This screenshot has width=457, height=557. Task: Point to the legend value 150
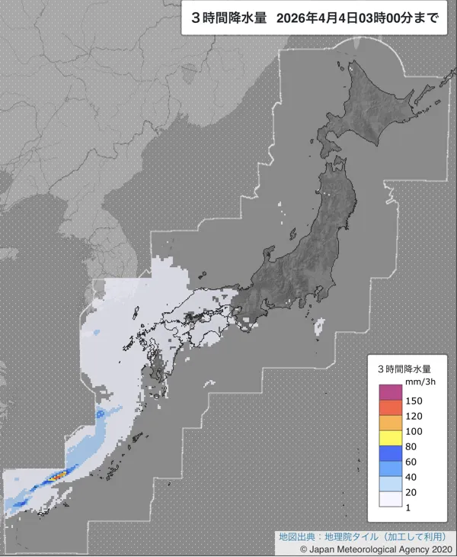416,401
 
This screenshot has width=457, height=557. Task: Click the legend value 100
416,431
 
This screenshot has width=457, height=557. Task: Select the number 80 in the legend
413,446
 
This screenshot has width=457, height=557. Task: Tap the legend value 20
413,492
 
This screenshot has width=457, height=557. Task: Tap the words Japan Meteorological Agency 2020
381,549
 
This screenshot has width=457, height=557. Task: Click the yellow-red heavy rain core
54,478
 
